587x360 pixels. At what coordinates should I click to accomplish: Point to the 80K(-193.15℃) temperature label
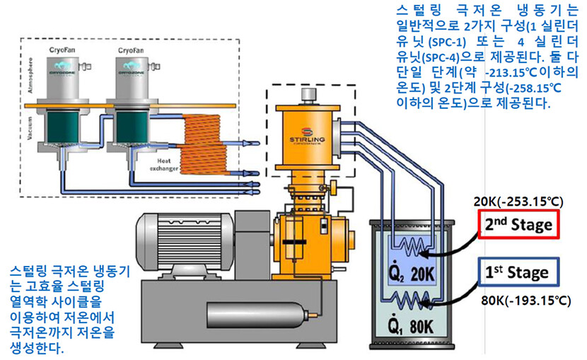coord(525,301)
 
